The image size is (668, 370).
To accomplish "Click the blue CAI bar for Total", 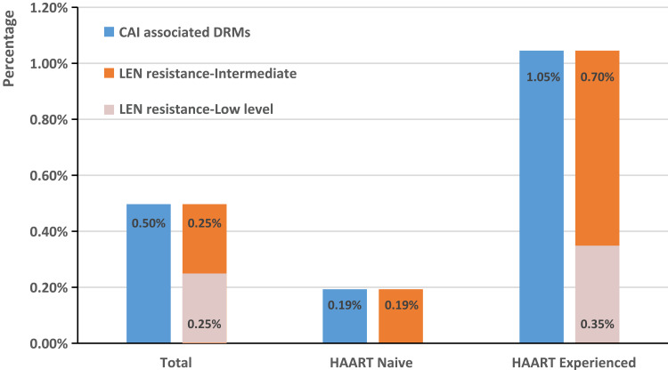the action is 149,273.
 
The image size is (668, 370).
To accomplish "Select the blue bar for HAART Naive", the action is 345,316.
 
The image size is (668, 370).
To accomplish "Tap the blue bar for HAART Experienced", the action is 542,197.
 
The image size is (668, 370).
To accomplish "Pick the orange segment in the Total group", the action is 205,238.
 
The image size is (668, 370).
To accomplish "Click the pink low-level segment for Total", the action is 205,308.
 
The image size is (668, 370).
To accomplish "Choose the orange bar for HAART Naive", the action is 401,316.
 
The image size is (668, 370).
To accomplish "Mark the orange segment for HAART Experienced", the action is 598,148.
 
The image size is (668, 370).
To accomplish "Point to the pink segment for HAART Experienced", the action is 598,294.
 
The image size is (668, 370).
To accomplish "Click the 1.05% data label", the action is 543,77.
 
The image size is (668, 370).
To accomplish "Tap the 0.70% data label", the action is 598,77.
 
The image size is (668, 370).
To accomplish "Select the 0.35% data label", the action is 598,324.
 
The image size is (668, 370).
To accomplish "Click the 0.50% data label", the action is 149,223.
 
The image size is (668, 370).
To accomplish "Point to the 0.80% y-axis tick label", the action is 49,119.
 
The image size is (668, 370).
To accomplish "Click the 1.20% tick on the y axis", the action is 49,8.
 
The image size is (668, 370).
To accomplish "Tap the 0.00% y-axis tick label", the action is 49,343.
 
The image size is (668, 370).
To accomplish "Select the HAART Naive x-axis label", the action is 371,363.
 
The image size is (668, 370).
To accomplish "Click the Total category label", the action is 176,363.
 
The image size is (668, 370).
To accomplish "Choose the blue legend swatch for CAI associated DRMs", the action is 109,32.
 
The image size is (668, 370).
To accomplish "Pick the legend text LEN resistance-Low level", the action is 196,109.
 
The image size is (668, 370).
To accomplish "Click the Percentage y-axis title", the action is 9,49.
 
